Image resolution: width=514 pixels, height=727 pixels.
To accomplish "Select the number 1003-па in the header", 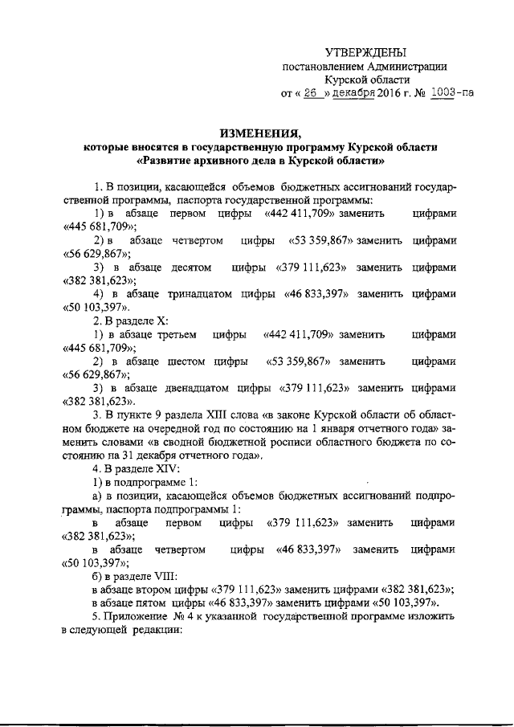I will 451,93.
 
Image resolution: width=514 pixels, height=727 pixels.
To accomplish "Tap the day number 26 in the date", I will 308,93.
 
